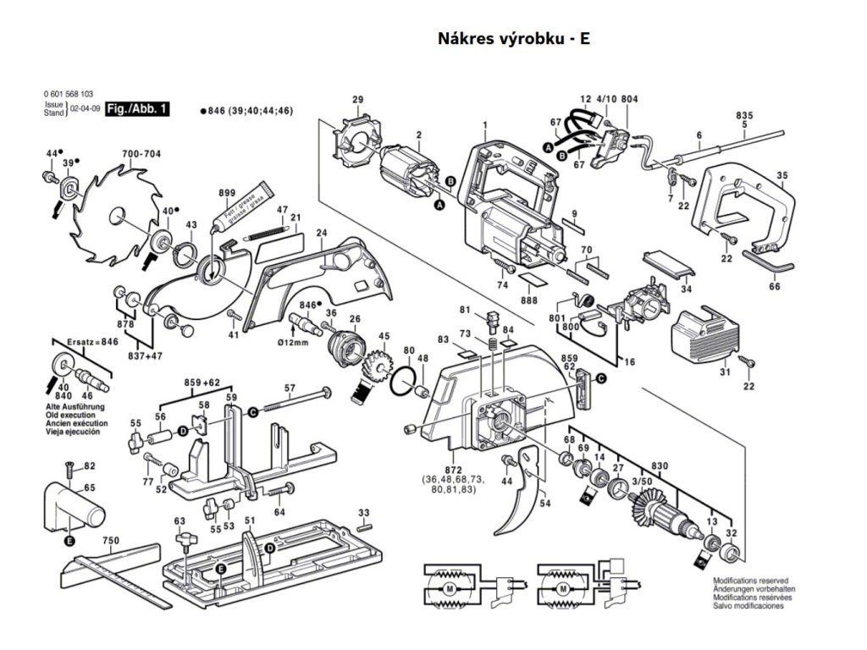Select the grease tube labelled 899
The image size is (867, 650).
[245, 207]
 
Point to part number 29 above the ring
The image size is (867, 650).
[357, 100]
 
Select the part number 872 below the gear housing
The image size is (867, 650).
[453, 468]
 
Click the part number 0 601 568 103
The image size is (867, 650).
[69, 94]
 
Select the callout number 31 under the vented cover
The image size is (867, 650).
[724, 372]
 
